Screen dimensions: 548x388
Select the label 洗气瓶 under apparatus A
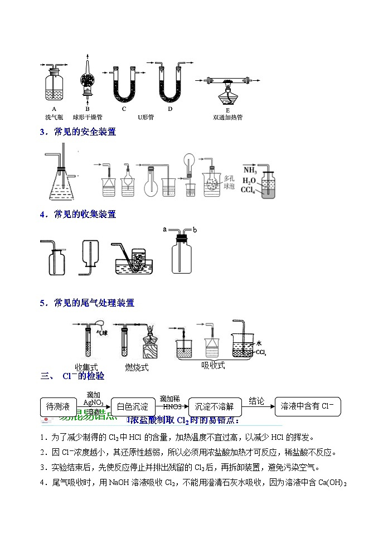pos(54,118)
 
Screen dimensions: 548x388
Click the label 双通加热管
pos(227,118)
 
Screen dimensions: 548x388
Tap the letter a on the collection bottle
pos(164,229)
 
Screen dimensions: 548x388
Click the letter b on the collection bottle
pos(195,229)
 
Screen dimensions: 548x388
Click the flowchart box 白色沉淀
pos(133,406)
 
